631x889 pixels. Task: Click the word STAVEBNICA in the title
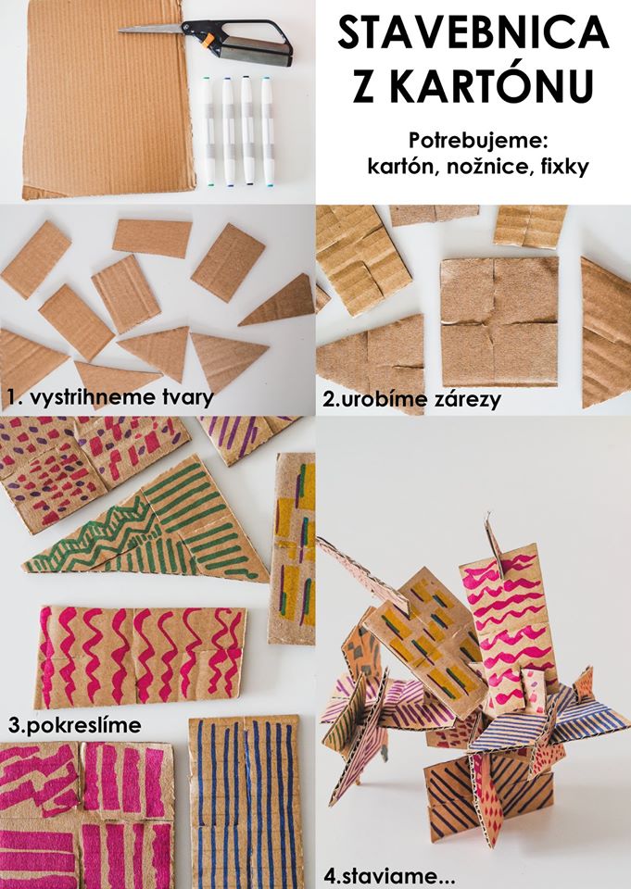(x=473, y=33)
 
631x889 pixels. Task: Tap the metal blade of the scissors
(x=152, y=28)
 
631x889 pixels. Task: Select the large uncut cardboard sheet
(x=107, y=99)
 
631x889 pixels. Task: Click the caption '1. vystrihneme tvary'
(x=110, y=397)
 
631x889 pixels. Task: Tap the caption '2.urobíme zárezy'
(x=412, y=399)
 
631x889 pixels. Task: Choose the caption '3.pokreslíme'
(x=74, y=724)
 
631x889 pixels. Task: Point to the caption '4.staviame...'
(x=389, y=876)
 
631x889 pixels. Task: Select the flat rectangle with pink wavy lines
(x=141, y=657)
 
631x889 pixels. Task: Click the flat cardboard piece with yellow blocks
(x=293, y=548)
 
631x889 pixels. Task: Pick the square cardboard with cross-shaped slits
(x=499, y=322)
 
